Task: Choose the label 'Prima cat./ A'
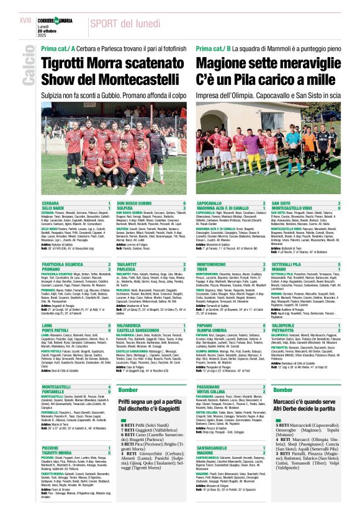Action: pos(58,48)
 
